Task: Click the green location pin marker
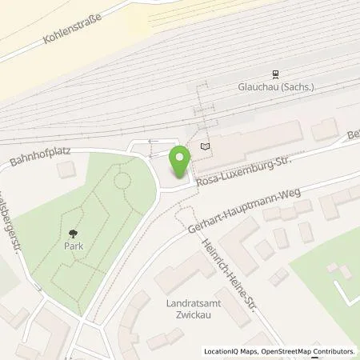(180, 161)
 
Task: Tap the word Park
(72, 247)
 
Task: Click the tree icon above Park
(73, 234)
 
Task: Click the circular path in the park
(122, 179)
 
